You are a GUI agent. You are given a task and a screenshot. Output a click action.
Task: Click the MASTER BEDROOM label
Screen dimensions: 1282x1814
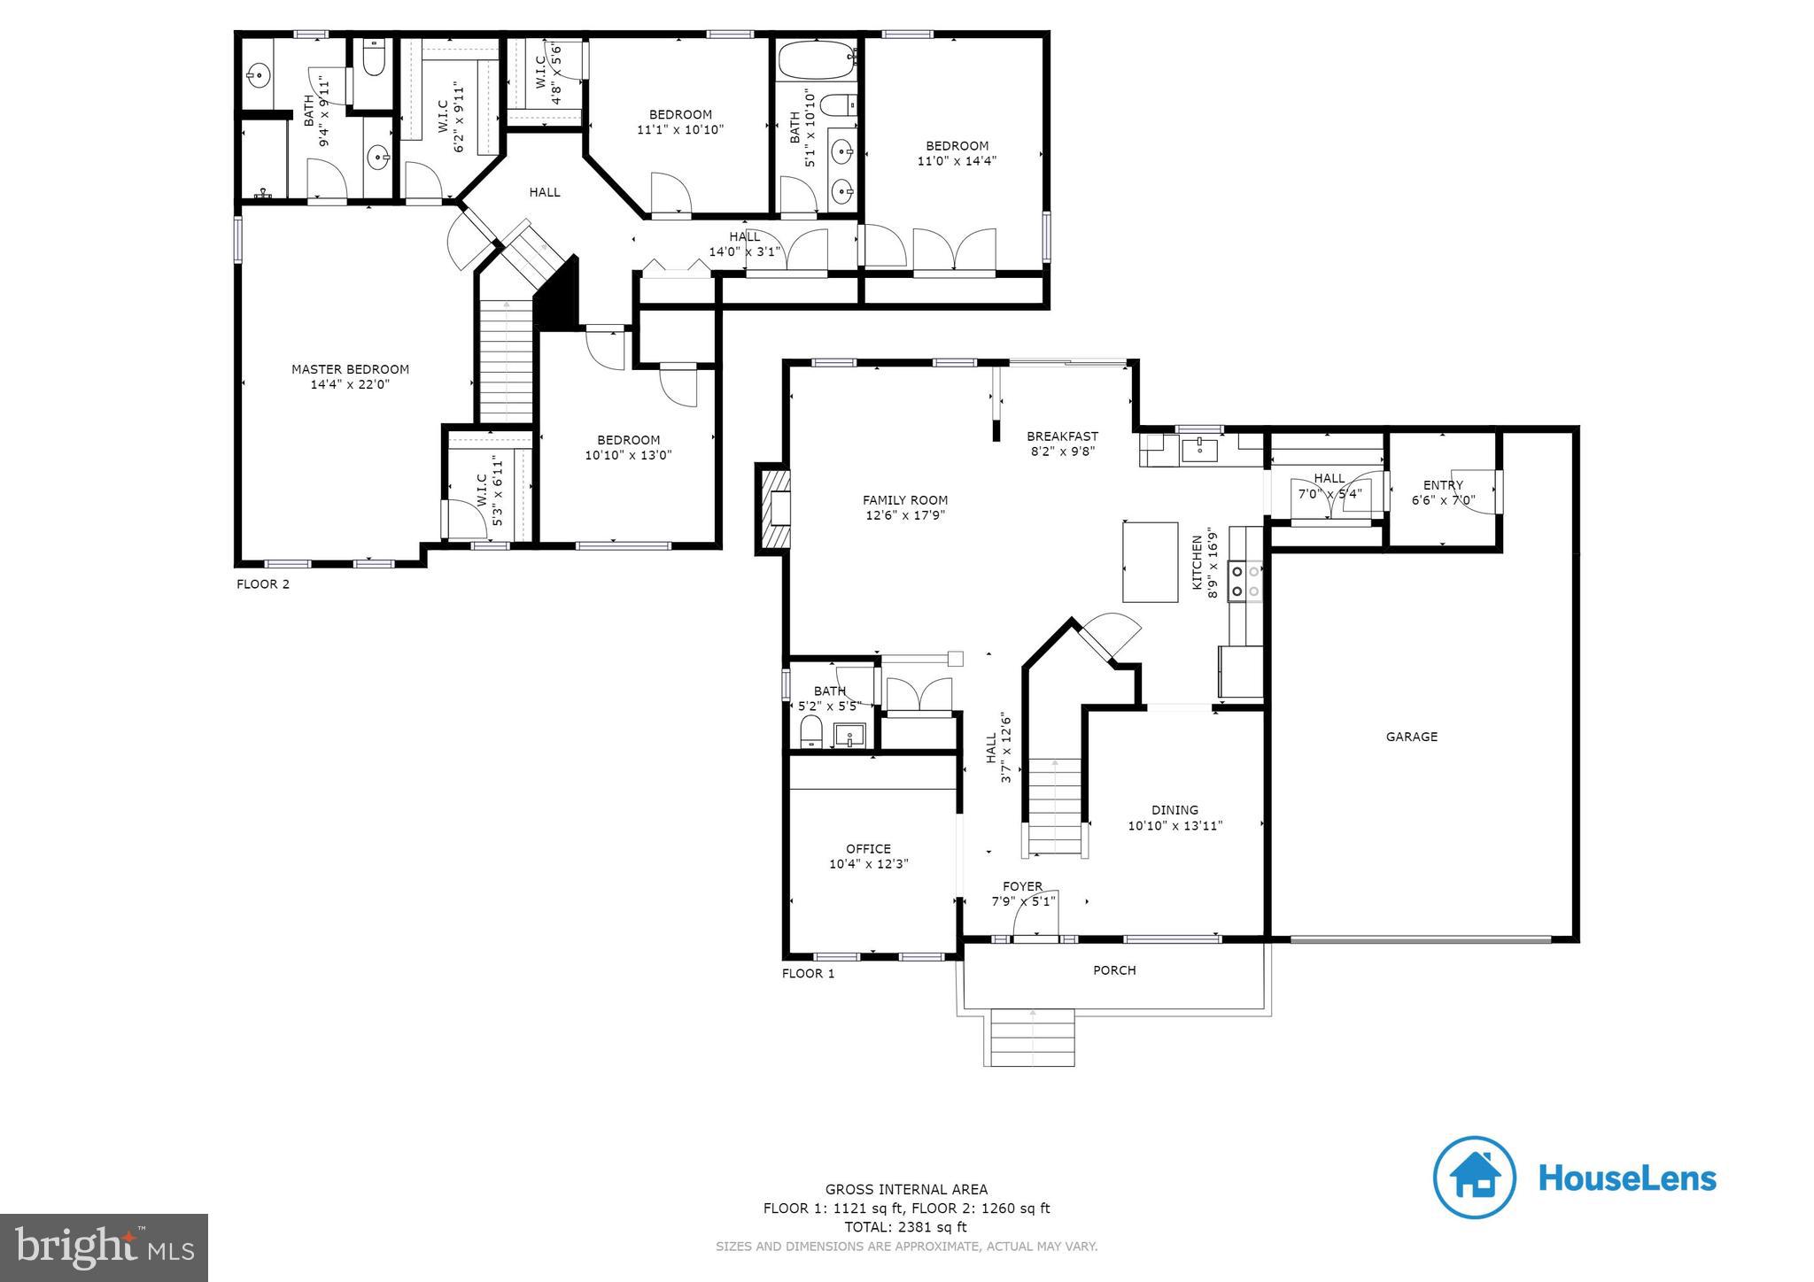coord(350,369)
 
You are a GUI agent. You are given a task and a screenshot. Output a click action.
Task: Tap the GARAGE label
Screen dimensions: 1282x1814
coord(1411,737)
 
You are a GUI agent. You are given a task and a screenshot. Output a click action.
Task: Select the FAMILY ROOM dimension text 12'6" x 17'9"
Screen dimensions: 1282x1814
coord(905,515)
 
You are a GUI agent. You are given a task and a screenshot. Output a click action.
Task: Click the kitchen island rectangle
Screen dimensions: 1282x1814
coord(1150,562)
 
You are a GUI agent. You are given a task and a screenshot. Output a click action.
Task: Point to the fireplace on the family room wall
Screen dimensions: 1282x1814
coord(772,509)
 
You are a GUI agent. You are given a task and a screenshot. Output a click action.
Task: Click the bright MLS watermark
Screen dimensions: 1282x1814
coord(105,1248)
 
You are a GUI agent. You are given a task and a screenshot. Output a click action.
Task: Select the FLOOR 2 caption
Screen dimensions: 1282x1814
coord(263,584)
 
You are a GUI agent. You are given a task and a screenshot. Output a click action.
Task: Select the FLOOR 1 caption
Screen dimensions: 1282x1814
coord(808,974)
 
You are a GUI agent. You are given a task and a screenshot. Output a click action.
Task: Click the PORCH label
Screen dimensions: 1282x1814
coord(1114,970)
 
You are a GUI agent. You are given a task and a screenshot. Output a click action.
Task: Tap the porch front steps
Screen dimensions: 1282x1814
coord(1033,1039)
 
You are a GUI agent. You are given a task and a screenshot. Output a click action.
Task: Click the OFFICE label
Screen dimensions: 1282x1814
coord(868,848)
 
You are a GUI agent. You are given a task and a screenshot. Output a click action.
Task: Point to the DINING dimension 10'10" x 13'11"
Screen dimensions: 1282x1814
coord(1174,826)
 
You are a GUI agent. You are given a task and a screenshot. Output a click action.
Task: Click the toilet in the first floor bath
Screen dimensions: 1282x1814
coord(811,732)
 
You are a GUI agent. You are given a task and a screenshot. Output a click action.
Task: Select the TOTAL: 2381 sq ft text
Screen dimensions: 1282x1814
coord(906,1227)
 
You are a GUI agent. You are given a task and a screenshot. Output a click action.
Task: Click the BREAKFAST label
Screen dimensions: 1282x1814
coord(1062,436)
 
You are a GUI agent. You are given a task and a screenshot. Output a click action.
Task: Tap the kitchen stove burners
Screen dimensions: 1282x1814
coord(1245,582)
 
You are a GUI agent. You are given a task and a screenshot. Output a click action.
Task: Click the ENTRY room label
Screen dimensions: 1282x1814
coord(1443,484)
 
